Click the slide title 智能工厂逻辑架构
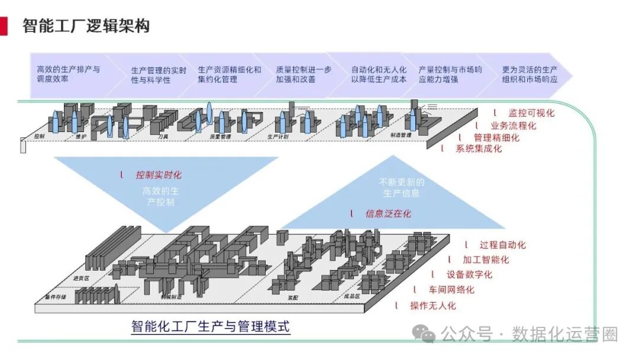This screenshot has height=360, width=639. pyautogui.click(x=86, y=26)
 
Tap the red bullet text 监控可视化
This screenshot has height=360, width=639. pyautogui.click(x=531, y=112)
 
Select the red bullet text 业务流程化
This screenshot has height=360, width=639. pyautogui.click(x=514, y=125)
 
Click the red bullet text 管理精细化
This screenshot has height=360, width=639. pyautogui.click(x=496, y=137)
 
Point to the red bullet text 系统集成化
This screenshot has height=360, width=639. pyautogui.click(x=479, y=149)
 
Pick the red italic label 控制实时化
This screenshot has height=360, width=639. pyautogui.click(x=159, y=175)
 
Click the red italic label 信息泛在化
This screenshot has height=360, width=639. pyautogui.click(x=388, y=213)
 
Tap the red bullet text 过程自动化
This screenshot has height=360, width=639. pyautogui.click(x=502, y=245)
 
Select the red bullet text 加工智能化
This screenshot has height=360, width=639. pyautogui.click(x=486, y=259)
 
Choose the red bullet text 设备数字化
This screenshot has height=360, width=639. pyautogui.click(x=469, y=275)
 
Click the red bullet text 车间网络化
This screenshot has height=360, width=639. pyautogui.click(x=451, y=290)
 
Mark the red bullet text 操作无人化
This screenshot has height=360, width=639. pyautogui.click(x=434, y=306)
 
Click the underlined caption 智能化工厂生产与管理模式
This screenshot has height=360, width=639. pyautogui.click(x=211, y=326)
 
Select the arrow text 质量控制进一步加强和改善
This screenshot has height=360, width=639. pyautogui.click(x=304, y=74)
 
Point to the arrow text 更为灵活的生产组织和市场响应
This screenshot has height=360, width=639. pyautogui.click(x=530, y=74)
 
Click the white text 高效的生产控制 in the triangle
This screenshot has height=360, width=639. pyautogui.click(x=161, y=197)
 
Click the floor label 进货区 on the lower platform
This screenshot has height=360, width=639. pyautogui.click(x=80, y=278)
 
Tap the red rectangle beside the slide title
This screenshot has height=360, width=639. pyautogui.click(x=4, y=26)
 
